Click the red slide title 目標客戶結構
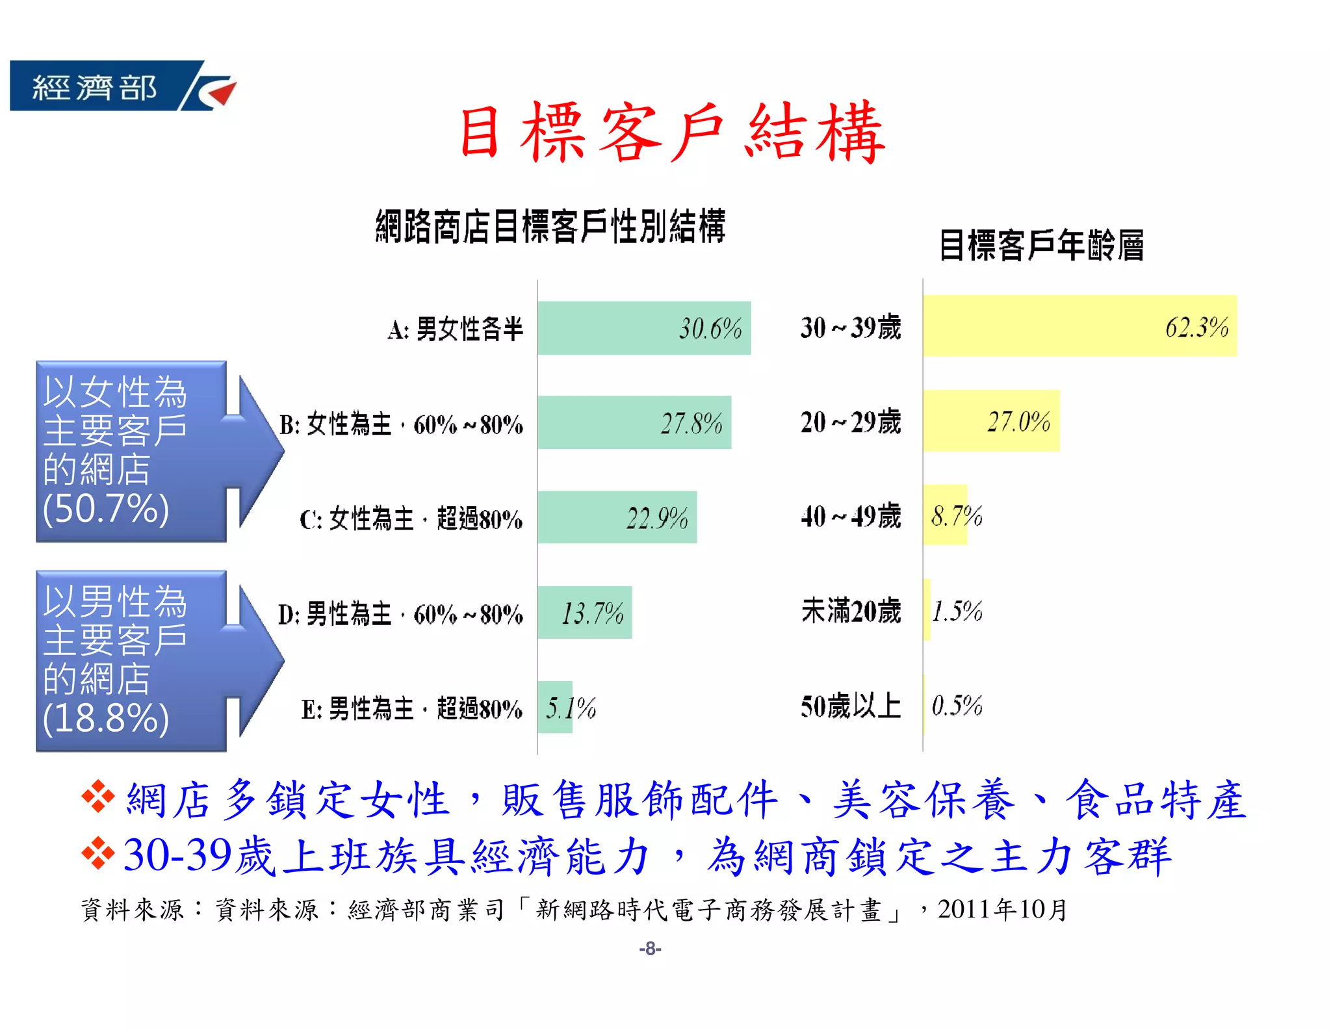[673, 133]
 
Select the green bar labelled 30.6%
[643, 328]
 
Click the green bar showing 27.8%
[634, 422]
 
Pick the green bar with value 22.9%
[617, 517]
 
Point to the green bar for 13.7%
[584, 612]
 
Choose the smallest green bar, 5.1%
[555, 707]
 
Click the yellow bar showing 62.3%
[1079, 326]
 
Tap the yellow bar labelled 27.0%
[991, 421]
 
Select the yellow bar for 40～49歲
[945, 515]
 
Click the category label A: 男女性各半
[455, 329]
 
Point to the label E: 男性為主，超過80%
[411, 708]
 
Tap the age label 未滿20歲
[851, 611]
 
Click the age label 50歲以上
[851, 706]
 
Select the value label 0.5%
[957, 706]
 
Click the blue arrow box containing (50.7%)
[156, 451]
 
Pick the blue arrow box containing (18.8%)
[156, 661]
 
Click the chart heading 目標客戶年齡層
[1041, 246]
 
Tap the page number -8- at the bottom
[650, 949]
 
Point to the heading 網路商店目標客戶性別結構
[550, 226]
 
